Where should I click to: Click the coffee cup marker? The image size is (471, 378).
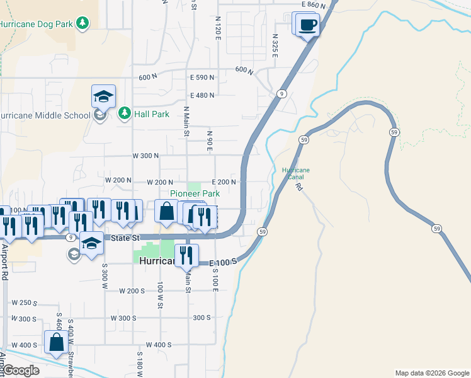(x=307, y=26)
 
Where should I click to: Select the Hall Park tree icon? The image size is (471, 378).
(x=125, y=113)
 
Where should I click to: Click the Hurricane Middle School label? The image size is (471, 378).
(x=45, y=115)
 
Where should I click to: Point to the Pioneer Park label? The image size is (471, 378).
(x=195, y=194)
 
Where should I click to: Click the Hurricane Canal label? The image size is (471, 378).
(x=296, y=173)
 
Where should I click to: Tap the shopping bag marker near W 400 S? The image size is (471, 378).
(x=57, y=342)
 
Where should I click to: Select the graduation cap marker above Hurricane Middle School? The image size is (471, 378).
(x=103, y=96)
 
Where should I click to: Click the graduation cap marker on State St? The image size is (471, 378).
(x=91, y=243)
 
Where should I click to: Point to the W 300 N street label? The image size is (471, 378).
(x=145, y=156)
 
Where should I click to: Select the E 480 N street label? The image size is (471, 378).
(x=202, y=96)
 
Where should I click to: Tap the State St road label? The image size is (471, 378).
(x=124, y=238)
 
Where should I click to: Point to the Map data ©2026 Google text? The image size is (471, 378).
(x=431, y=373)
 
